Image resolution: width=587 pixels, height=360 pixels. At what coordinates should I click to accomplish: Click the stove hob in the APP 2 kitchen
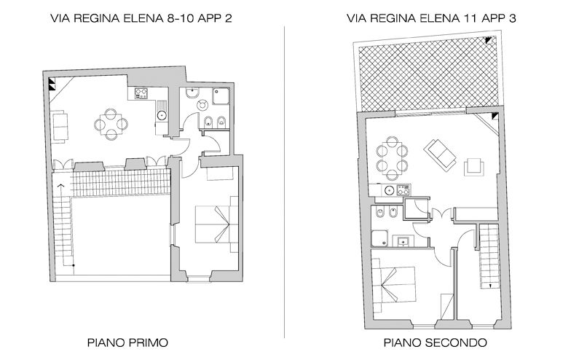pyautogui.click(x=141, y=93)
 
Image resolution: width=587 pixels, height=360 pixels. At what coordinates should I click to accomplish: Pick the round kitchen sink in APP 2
pyautogui.click(x=162, y=115)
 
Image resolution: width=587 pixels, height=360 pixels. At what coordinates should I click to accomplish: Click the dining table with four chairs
pyautogui.click(x=111, y=124)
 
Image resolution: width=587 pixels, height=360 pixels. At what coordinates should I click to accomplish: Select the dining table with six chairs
pyautogui.click(x=392, y=158)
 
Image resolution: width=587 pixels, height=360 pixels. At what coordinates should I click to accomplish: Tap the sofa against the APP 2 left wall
pyautogui.click(x=60, y=126)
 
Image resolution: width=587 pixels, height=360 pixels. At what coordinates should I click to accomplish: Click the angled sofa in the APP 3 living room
pyautogui.click(x=440, y=154)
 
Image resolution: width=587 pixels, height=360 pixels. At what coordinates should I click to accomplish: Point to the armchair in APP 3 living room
pyautogui.click(x=474, y=167)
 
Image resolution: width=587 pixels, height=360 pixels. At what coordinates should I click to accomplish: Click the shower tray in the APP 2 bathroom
pyautogui.click(x=221, y=96)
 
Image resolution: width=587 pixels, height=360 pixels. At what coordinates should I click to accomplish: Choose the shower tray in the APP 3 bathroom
pyautogui.click(x=379, y=238)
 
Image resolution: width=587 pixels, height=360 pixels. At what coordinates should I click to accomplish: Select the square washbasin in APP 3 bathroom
pyautogui.click(x=403, y=242)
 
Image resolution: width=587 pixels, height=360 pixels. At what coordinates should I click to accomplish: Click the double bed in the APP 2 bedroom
pyautogui.click(x=216, y=224)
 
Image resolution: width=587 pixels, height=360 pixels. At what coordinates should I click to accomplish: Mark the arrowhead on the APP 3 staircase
pyautogui.click(x=490, y=286)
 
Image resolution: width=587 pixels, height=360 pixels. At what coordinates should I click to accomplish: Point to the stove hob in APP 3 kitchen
pyautogui.click(x=403, y=190)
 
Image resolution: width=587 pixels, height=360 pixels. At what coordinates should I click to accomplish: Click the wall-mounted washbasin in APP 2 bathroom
pyautogui.click(x=192, y=92)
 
